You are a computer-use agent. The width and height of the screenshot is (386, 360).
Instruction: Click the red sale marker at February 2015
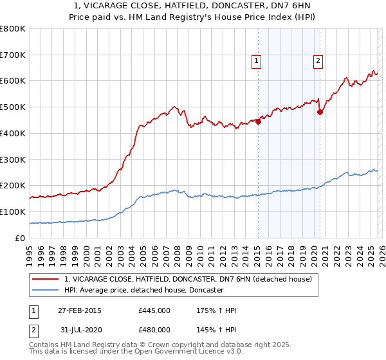coord(258,121)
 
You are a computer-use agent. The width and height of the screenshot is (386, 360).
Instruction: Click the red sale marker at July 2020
coord(320,112)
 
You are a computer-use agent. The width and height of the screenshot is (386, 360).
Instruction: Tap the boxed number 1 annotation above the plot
coord(256,61)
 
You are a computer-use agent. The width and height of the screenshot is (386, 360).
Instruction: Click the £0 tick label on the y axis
coord(19,238)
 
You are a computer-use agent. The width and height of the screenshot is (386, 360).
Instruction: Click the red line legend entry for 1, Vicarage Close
coord(188,279)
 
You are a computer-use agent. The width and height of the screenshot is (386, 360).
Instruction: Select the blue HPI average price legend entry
coord(143,291)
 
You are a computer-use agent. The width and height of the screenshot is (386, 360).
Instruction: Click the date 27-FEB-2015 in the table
coord(79,310)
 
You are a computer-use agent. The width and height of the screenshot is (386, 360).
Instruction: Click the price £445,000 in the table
coord(154,310)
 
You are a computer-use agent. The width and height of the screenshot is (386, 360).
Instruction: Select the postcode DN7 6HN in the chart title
coord(285,6)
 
